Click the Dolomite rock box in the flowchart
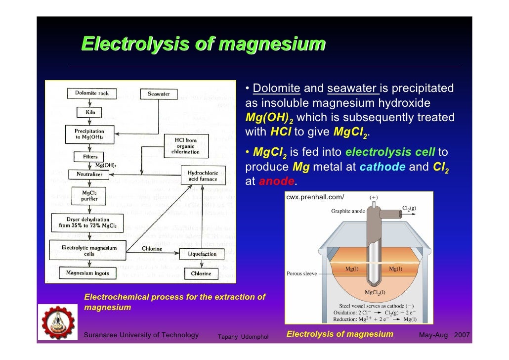tap(92, 93)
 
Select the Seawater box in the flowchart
tap(159, 93)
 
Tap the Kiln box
tap(90, 112)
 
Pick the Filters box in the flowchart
tap(90, 157)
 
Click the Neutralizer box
tap(89, 174)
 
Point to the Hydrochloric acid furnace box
tap(203, 176)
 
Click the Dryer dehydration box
tap(88, 223)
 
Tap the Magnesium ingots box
tap(88, 272)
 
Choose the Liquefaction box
tap(202, 254)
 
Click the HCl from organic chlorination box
tap(185, 146)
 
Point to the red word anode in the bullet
tap(277, 181)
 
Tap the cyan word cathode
tap(383, 167)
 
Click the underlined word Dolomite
tap(276, 89)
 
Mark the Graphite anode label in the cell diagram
tap(348, 211)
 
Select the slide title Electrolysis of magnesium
tap(203, 44)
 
